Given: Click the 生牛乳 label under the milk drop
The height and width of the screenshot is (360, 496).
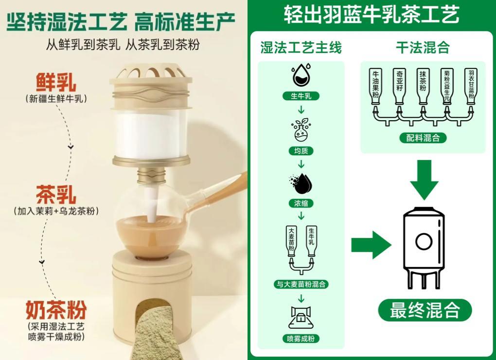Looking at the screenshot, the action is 301,96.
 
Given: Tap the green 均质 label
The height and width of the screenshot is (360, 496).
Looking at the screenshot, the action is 301,151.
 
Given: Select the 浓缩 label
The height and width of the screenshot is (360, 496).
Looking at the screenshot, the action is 301,203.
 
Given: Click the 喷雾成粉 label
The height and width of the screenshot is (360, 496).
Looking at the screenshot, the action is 301,339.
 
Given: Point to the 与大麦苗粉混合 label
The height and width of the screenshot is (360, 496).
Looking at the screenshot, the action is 301,284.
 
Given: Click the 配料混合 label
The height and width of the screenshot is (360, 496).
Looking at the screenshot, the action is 423,138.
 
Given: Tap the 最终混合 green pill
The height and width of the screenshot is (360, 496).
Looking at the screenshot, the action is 425,310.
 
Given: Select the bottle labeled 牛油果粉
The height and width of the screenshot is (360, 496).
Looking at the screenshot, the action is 375,86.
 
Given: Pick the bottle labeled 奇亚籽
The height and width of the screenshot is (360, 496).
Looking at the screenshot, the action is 400,86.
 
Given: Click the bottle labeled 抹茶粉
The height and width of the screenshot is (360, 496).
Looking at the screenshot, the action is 423,86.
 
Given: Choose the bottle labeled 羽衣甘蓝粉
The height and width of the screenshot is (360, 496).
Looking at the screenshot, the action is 471,86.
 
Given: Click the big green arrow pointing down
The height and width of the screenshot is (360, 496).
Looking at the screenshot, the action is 424,180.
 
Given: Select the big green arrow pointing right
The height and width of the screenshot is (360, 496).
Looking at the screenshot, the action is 371,245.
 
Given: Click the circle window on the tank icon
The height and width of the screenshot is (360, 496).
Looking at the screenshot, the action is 424,242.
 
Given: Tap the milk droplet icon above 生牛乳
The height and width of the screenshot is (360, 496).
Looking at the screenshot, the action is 301,75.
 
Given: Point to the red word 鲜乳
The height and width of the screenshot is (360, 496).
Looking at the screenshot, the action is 56,82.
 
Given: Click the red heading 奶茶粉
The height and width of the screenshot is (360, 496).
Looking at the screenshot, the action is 56,310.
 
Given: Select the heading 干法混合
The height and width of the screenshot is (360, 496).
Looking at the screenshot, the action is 423,48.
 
